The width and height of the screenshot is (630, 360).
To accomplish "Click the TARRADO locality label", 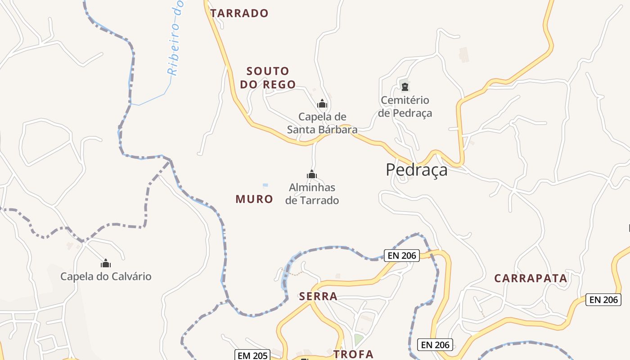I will click(x=239, y=13).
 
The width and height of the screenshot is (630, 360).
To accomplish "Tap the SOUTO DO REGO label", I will click(x=268, y=77).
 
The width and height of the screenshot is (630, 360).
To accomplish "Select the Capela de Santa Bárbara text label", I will click(x=322, y=123).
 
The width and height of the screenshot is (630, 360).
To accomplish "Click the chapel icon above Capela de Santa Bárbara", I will click(x=322, y=104).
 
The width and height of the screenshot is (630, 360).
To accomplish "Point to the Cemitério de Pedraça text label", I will click(x=405, y=107).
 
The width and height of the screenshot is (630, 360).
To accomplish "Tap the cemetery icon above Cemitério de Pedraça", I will click(x=405, y=86).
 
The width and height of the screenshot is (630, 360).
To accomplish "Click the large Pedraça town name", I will click(x=417, y=170).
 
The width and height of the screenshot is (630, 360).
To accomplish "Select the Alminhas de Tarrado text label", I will click(x=312, y=193).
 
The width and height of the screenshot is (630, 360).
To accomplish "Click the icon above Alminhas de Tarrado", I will click(x=311, y=174).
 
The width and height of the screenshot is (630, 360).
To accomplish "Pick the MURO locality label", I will click(x=254, y=199).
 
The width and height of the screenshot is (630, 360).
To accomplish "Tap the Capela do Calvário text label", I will click(x=106, y=276).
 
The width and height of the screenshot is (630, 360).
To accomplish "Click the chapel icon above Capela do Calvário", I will click(x=106, y=263).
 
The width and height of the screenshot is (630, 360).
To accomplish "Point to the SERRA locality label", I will click(x=318, y=296).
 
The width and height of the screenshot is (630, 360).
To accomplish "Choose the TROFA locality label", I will click(x=353, y=354).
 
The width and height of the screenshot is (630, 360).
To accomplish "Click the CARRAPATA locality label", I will click(x=531, y=278).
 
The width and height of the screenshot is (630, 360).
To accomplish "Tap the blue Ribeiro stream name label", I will click(x=175, y=38).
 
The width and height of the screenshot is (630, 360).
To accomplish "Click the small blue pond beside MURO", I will click(x=265, y=185).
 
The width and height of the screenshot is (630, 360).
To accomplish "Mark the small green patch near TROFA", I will click(x=358, y=339).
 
